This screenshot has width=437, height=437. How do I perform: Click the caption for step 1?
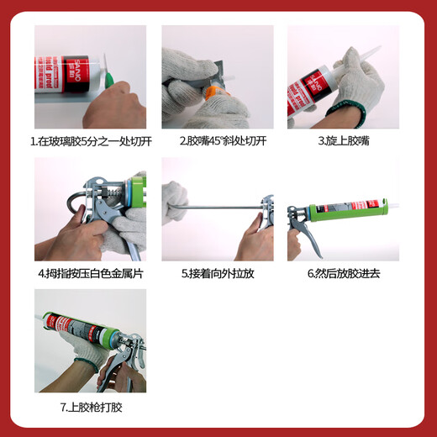90,141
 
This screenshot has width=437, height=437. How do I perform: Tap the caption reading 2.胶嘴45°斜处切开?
217,141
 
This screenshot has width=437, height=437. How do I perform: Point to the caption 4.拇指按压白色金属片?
90,273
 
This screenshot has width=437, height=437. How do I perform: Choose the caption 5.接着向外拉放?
217,273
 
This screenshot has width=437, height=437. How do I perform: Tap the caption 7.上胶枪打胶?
90,406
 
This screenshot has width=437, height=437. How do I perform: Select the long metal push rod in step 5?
214,204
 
